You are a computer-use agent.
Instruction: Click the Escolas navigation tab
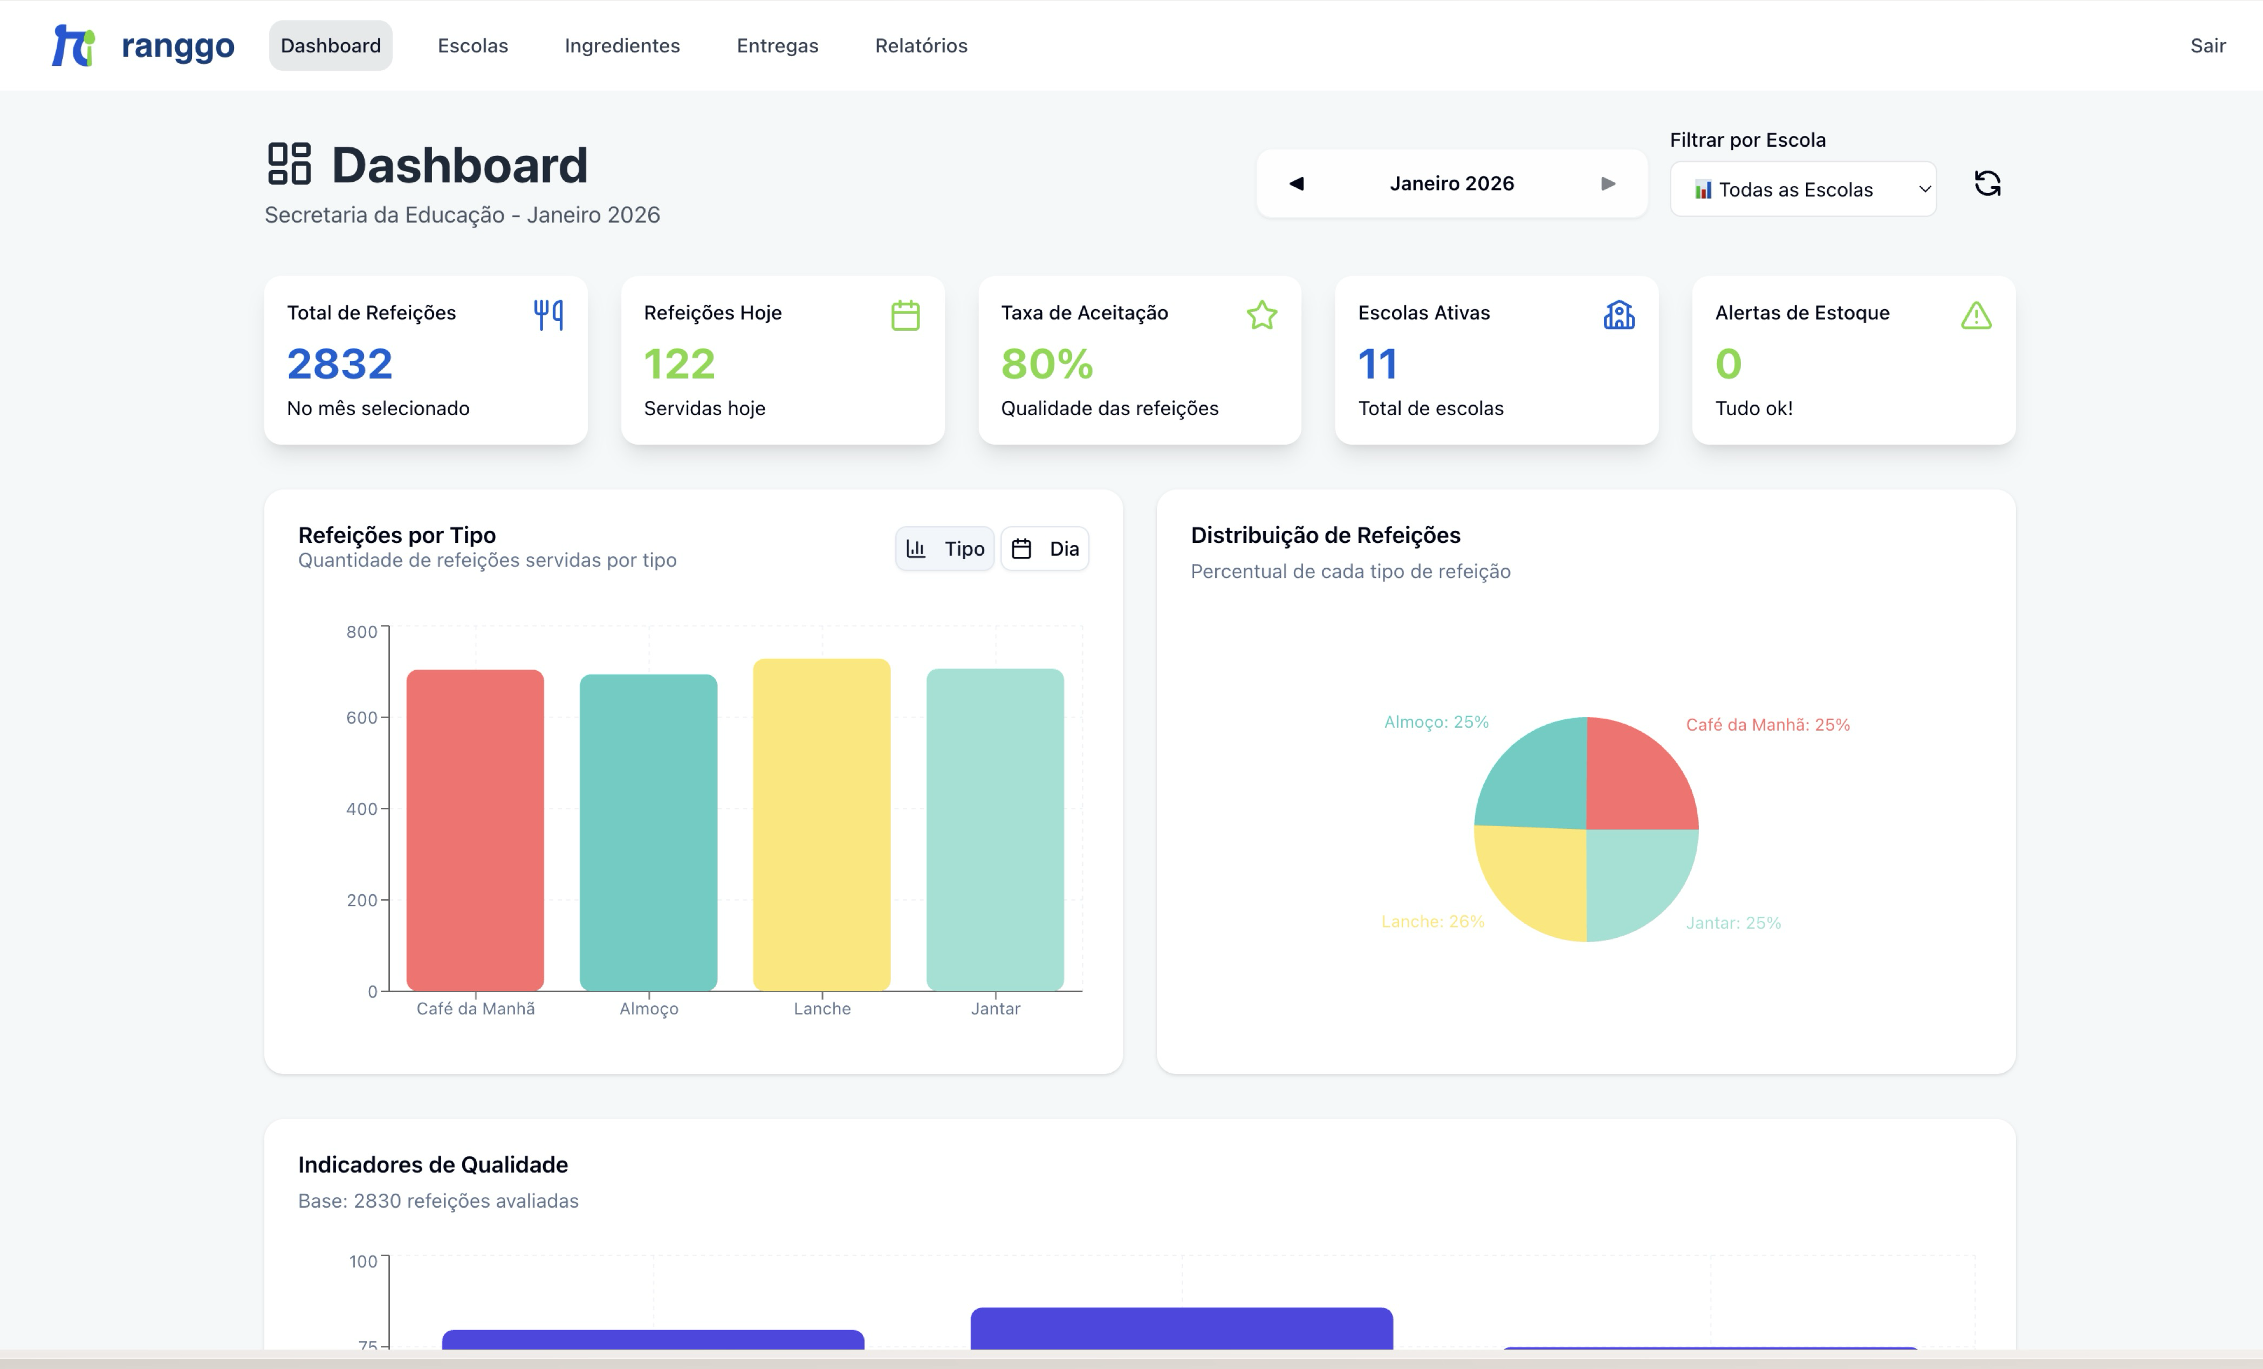(472, 46)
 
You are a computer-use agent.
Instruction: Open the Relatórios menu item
(920, 46)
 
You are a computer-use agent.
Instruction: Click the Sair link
(2207, 46)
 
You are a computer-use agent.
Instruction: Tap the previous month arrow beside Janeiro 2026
(1296, 184)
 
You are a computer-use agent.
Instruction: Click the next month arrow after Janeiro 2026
(1607, 184)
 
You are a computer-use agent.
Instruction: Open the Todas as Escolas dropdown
(1802, 189)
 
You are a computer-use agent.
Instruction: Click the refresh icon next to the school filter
(1986, 184)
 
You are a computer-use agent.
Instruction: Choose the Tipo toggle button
(944, 549)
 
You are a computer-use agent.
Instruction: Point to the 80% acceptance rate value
(1047, 364)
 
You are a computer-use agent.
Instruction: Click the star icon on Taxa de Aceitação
(1261, 315)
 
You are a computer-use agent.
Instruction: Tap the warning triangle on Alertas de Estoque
(1976, 315)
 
